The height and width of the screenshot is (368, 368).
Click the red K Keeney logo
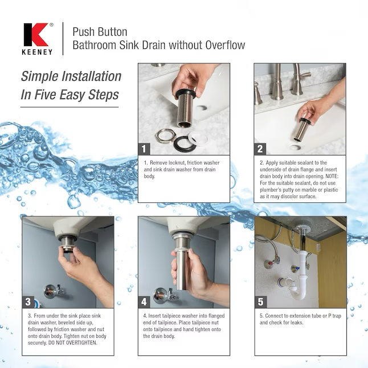click(36, 35)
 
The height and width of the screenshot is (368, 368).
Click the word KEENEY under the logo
click(37, 52)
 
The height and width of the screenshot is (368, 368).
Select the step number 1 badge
click(144, 149)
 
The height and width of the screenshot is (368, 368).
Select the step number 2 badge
click(260, 149)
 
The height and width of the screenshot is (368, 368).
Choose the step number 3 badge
click(28, 302)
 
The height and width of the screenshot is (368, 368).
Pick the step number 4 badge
click(144, 302)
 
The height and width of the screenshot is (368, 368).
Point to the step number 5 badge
click(260, 302)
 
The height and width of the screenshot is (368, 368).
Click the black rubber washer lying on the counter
click(185, 144)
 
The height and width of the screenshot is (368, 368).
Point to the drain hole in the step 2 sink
click(295, 148)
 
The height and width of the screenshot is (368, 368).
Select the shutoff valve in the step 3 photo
click(54, 291)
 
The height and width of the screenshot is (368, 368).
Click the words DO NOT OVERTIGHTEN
click(72, 343)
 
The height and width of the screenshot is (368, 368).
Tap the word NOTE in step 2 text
click(332, 176)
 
